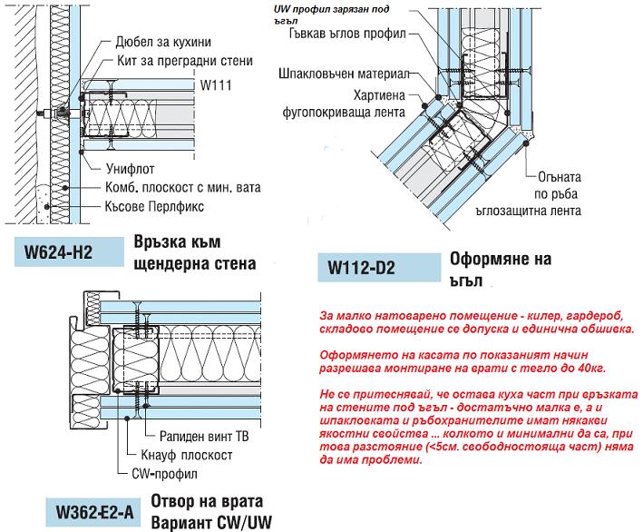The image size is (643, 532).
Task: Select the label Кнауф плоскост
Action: [191, 454]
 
